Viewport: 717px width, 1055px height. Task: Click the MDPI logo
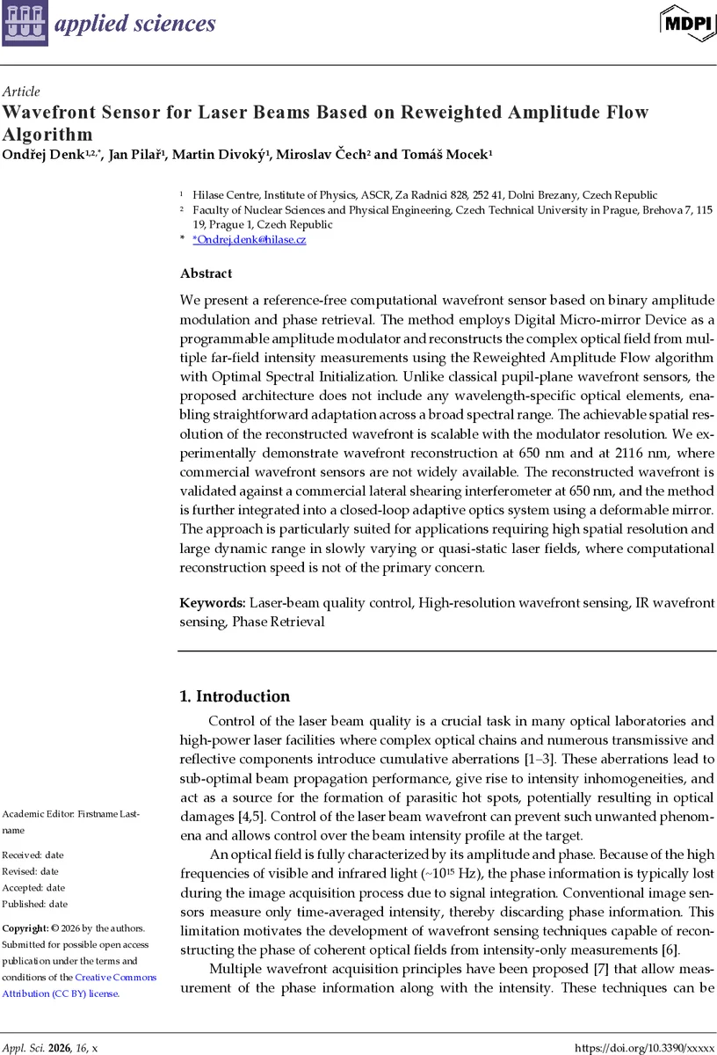688,22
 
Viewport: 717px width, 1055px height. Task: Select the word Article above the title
21,91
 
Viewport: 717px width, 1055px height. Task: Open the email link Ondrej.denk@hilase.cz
250,239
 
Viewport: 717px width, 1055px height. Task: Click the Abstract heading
206,273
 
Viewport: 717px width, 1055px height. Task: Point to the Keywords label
212,603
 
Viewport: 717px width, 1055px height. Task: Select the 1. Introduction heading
235,696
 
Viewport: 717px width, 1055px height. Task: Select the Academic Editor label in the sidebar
48,813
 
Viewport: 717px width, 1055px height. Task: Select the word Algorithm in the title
47,135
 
